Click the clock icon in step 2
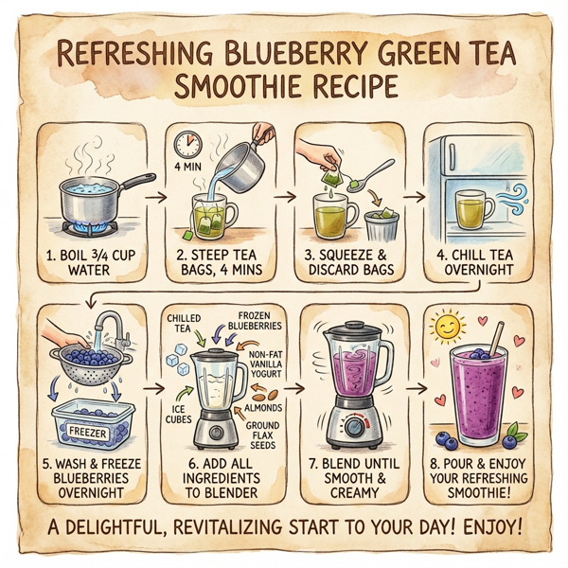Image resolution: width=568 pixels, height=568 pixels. click(x=185, y=145)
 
